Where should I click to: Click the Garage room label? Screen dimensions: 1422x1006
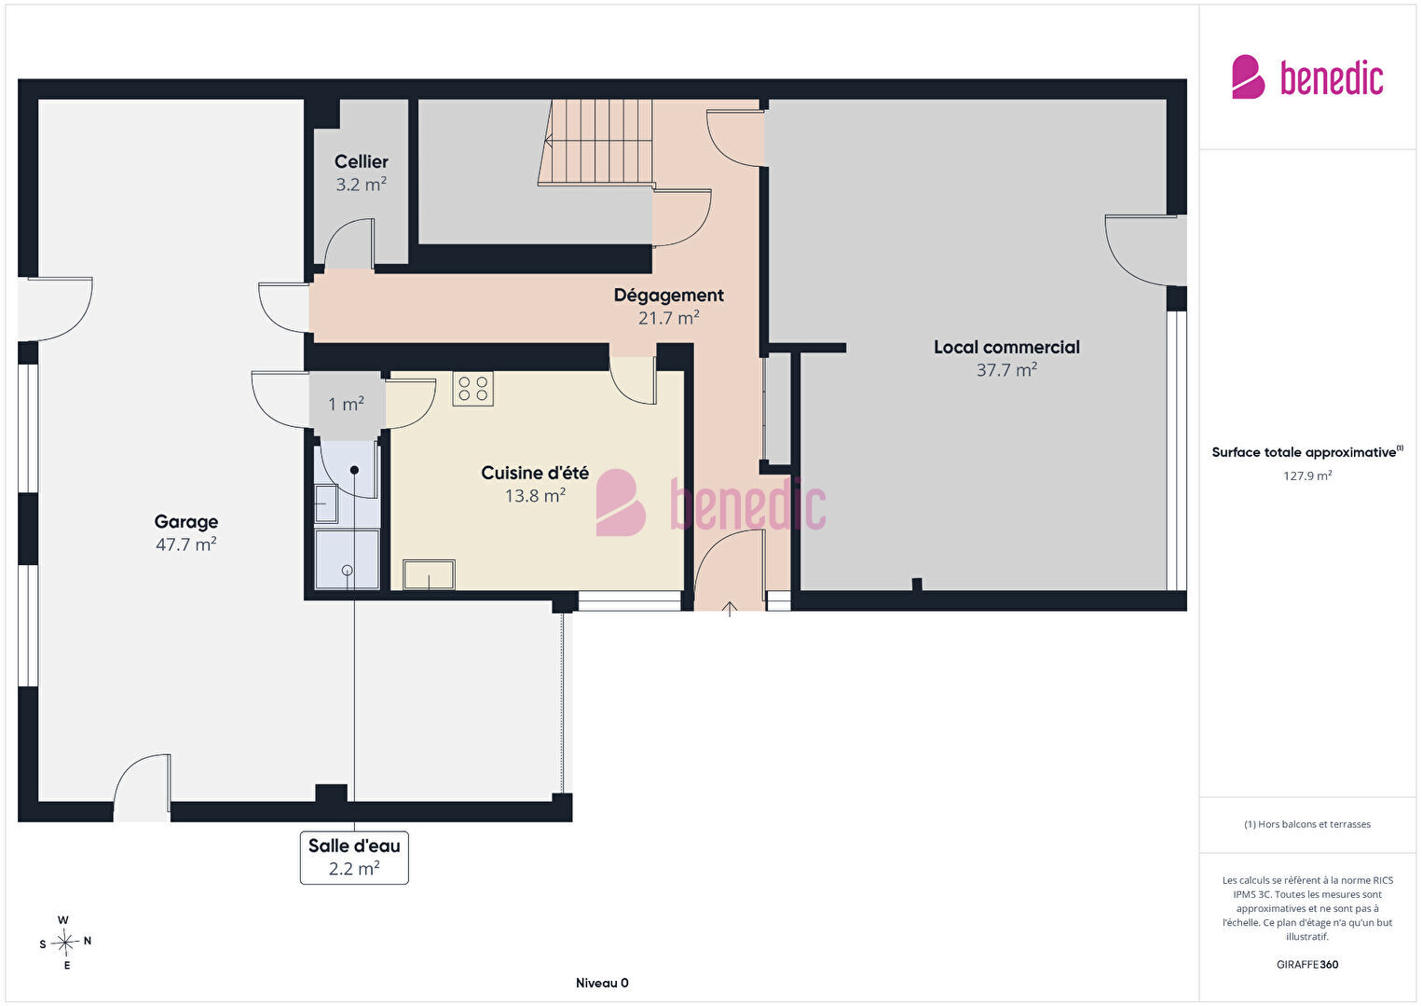pyautogui.click(x=186, y=522)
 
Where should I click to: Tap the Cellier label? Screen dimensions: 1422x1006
pyautogui.click(x=362, y=162)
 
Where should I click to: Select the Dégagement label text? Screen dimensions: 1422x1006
pyautogui.click(x=668, y=296)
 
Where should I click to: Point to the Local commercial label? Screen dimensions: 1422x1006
pyautogui.click(x=1006, y=348)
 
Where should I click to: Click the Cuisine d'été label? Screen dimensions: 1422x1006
pyautogui.click(x=535, y=473)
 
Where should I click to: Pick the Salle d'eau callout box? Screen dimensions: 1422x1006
pyautogui.click(x=354, y=858)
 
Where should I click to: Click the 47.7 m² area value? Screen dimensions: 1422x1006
pyautogui.click(x=186, y=544)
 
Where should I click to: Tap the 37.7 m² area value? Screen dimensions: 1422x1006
pyautogui.click(x=1006, y=369)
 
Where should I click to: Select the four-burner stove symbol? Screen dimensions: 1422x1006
pyautogui.click(x=473, y=389)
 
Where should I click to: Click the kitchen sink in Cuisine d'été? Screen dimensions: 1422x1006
pyautogui.click(x=430, y=574)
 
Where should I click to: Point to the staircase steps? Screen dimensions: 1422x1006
pyautogui.click(x=595, y=143)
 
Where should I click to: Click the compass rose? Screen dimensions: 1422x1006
pyautogui.click(x=65, y=943)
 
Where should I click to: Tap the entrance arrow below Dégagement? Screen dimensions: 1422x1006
pyautogui.click(x=730, y=609)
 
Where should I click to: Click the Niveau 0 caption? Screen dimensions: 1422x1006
pyautogui.click(x=602, y=983)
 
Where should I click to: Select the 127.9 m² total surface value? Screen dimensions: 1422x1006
pyautogui.click(x=1307, y=475)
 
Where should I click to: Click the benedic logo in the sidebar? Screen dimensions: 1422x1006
pyautogui.click(x=1307, y=76)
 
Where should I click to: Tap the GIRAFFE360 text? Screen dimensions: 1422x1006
pyautogui.click(x=1307, y=964)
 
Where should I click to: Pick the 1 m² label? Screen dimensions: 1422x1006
pyautogui.click(x=346, y=404)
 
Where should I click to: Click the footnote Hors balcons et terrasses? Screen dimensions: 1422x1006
pyautogui.click(x=1307, y=823)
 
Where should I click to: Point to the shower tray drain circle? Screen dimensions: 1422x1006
pyautogui.click(x=348, y=571)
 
